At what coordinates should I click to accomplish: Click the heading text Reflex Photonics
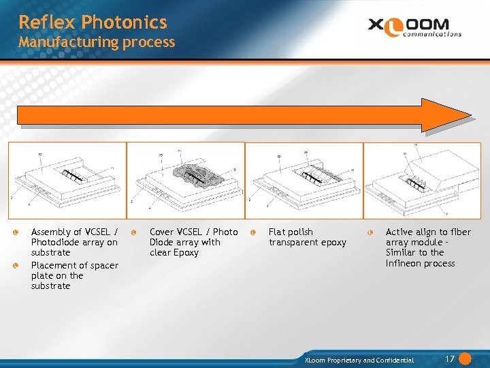93,22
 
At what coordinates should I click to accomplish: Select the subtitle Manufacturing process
97,42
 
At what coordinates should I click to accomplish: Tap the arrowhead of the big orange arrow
448,114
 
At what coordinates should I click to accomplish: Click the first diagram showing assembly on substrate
67,180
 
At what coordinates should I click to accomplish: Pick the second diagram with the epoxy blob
186,180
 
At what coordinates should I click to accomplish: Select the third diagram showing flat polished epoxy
304,180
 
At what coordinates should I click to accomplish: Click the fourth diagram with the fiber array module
422,180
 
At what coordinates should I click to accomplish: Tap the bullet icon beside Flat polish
252,232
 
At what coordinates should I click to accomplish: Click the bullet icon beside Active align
370,232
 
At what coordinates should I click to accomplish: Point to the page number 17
449,359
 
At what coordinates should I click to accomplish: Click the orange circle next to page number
465,358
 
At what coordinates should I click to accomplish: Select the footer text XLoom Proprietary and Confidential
359,360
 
